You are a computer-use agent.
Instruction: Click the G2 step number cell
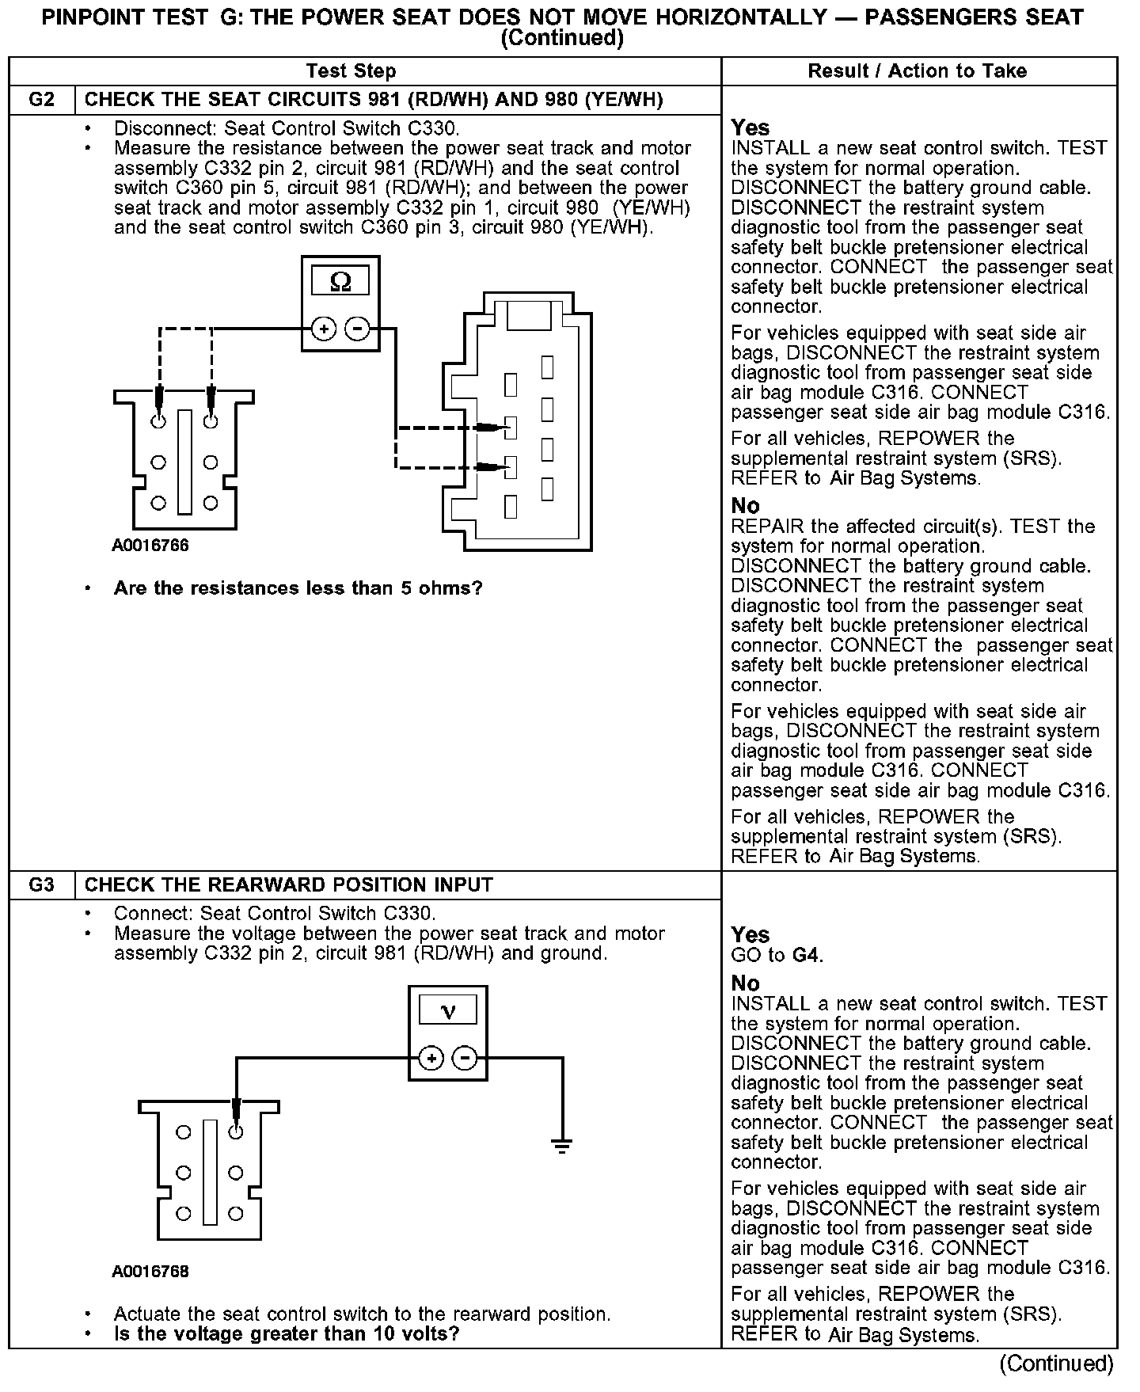click(x=42, y=100)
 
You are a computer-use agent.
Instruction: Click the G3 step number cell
click(x=42, y=884)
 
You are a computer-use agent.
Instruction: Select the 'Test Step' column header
click(x=351, y=71)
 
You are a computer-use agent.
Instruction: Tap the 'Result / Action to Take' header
click(x=917, y=71)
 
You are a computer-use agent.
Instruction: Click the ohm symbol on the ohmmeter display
click(x=340, y=282)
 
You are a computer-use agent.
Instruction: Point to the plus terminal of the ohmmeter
click(x=323, y=328)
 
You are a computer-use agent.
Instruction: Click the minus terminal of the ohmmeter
click(x=358, y=328)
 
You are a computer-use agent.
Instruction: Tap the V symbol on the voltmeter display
click(x=447, y=1011)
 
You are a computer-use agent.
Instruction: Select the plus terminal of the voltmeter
click(x=431, y=1058)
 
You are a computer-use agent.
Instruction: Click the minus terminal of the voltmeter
click(x=465, y=1058)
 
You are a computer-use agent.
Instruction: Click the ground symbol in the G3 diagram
click(x=561, y=1145)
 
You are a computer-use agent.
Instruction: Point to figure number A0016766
click(x=150, y=546)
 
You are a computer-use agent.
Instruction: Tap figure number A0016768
click(x=150, y=1272)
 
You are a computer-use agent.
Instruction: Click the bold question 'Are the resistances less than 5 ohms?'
click(x=298, y=588)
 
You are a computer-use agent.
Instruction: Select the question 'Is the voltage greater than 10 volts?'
click(x=287, y=1333)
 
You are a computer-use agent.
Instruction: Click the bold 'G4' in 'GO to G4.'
click(x=806, y=955)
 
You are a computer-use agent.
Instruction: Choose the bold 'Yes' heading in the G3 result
click(x=750, y=935)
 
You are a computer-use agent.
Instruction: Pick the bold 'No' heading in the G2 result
click(x=745, y=506)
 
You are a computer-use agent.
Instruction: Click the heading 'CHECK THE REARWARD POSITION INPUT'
click(x=288, y=884)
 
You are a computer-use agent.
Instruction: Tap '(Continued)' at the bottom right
click(x=1056, y=1363)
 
